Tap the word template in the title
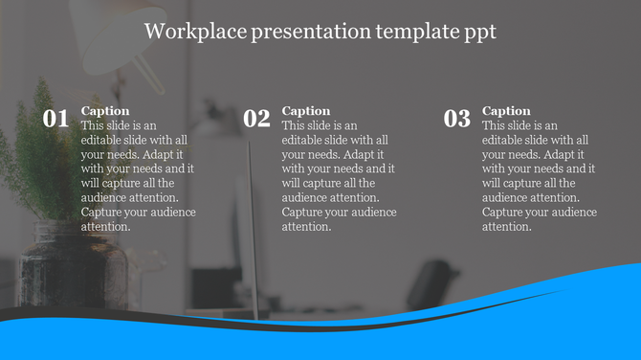404,32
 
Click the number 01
55,120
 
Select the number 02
256,120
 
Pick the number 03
457,120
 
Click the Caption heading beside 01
105,111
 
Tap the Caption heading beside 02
306,111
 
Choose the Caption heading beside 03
506,111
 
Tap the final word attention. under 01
106,227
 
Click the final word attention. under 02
307,227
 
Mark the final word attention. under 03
507,227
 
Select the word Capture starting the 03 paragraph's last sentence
502,213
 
